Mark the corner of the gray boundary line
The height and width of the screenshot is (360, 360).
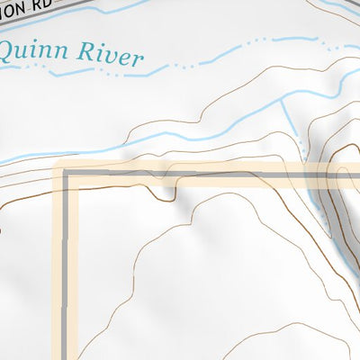(x=66, y=172)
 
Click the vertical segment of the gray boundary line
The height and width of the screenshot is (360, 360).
(x=66, y=270)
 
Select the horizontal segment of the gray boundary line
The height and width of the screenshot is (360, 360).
(x=225, y=173)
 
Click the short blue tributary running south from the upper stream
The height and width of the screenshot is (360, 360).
(x=290, y=117)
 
